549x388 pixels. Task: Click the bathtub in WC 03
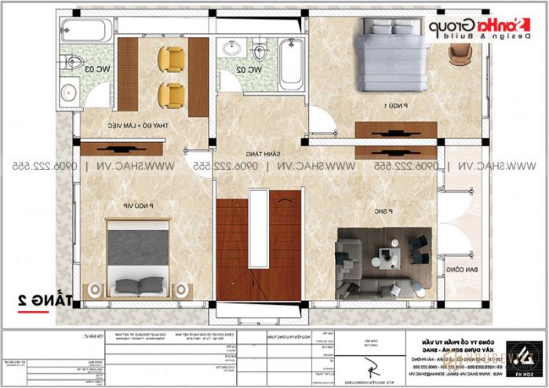click(87, 31)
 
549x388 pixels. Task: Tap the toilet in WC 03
click(72, 62)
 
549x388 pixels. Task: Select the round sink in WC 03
click(70, 91)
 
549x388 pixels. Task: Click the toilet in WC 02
click(260, 53)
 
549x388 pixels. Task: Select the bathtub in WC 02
click(291, 62)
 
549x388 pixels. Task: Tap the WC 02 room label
click(249, 70)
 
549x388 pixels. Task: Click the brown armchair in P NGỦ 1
click(460, 52)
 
